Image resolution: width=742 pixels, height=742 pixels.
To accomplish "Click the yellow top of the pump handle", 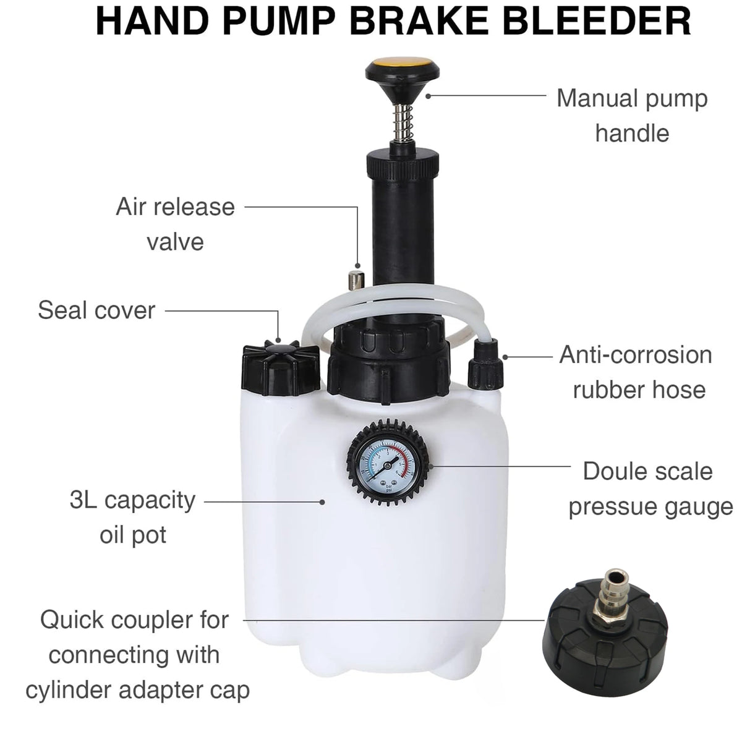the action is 403,62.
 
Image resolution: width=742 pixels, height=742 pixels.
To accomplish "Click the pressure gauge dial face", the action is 388,466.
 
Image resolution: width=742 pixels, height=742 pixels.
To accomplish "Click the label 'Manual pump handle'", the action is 632,116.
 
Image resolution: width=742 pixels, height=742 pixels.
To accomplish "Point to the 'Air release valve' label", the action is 175,224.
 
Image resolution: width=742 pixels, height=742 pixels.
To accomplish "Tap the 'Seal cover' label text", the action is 96,310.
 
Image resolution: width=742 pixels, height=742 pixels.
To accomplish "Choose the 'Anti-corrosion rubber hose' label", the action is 636,372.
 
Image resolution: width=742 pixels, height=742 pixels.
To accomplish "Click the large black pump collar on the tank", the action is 388,366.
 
